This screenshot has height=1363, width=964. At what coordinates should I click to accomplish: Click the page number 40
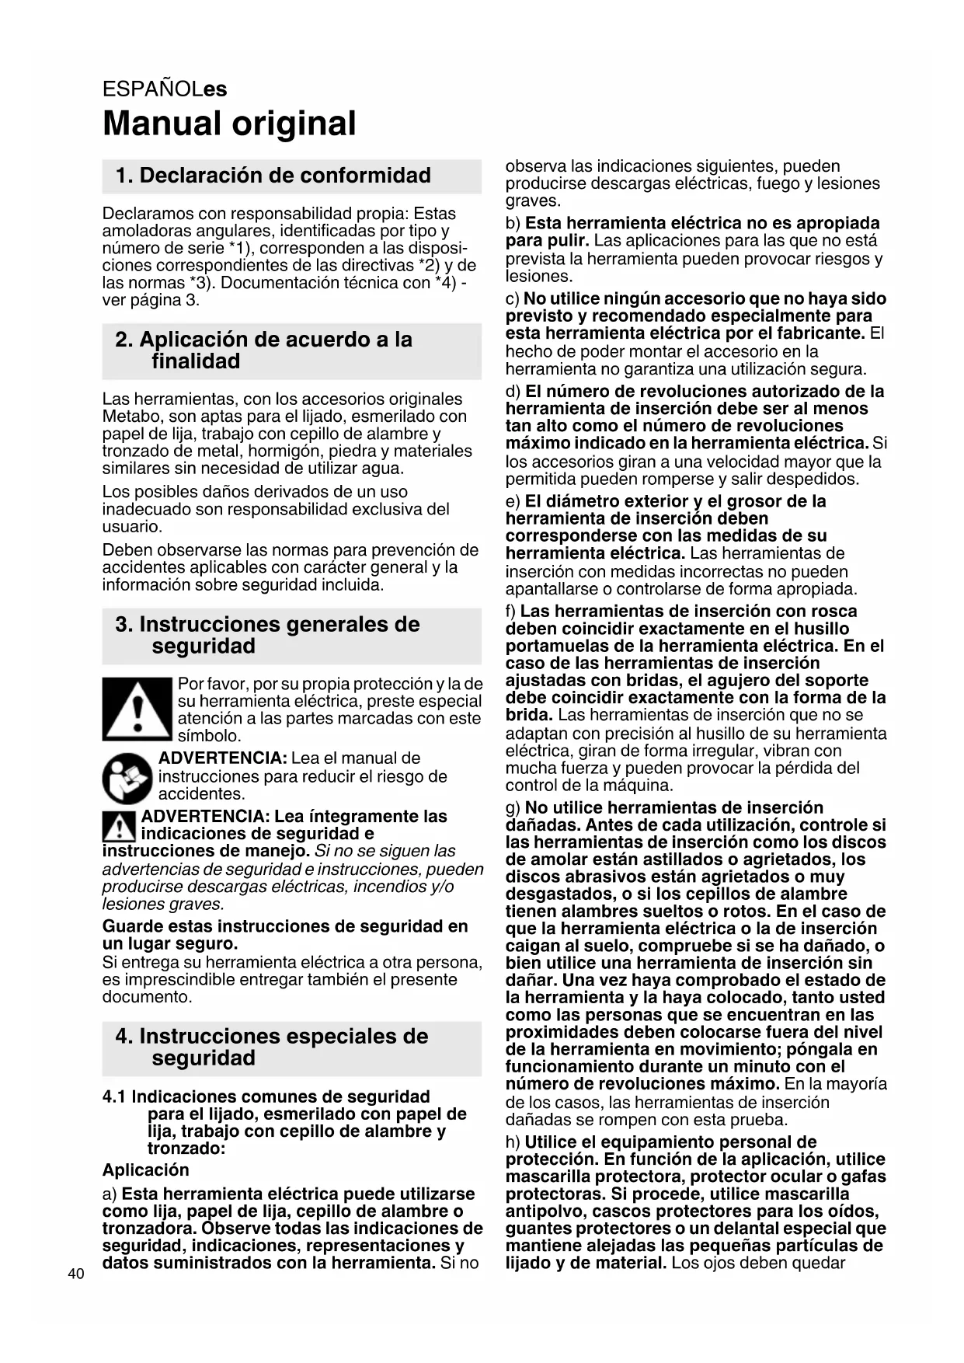click(x=76, y=1274)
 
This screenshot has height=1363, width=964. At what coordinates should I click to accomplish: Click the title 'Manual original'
click(x=229, y=124)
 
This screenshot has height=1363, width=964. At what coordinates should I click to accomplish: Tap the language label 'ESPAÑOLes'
click(x=165, y=89)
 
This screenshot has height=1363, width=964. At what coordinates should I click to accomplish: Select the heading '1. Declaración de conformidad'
click(x=273, y=176)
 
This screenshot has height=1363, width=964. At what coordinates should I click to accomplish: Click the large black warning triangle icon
click(x=137, y=709)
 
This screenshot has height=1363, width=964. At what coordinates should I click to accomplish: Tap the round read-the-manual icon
click(x=127, y=778)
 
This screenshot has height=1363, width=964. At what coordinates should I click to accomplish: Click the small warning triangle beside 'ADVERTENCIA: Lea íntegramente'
click(x=119, y=826)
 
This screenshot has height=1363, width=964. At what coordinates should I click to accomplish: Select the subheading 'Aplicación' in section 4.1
click(x=146, y=1170)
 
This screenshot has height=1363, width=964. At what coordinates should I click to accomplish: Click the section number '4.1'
click(x=115, y=1096)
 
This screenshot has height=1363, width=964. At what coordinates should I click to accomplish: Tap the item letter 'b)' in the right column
click(x=513, y=224)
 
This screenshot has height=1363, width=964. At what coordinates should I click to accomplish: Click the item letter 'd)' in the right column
click(x=513, y=392)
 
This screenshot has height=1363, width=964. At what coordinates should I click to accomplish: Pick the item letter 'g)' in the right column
click(x=513, y=808)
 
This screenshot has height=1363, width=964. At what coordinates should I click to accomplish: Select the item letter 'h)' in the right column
click(x=513, y=1142)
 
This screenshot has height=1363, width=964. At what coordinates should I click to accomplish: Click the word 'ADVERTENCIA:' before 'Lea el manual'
click(x=223, y=758)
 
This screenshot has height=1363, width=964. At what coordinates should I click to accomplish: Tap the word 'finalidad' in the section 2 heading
click(x=196, y=361)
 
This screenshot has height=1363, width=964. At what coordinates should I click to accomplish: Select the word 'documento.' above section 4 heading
click(x=147, y=997)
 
